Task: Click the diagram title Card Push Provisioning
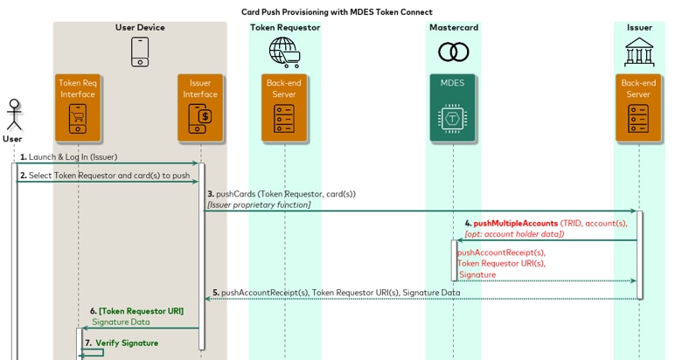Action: coord(337,12)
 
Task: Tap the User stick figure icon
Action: coord(13,114)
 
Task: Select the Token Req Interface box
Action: coord(78,107)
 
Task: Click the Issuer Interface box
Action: coord(200,107)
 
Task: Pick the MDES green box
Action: coord(453,107)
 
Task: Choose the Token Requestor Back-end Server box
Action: coord(284,107)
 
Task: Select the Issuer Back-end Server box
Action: coord(638,107)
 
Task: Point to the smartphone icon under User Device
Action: coord(140,52)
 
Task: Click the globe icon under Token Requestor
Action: coord(284,52)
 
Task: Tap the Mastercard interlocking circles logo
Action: coord(453,52)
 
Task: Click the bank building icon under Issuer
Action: coord(639,52)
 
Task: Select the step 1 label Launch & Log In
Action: coord(68,157)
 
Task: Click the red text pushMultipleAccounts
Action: coord(515,224)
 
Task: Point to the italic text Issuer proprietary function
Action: coord(259,204)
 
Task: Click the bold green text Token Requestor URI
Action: coord(141,311)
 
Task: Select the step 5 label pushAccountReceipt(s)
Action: coord(336,293)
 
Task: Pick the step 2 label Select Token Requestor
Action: coord(104,176)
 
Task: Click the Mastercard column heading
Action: coord(453,27)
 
